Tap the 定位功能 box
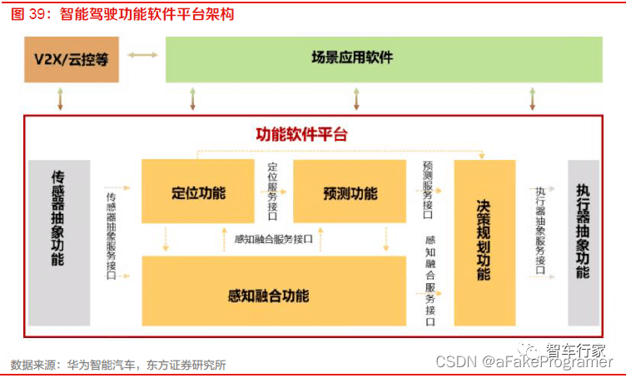(198, 193)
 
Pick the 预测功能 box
(350, 193)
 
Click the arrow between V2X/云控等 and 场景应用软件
(143, 56)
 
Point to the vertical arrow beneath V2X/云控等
(59, 99)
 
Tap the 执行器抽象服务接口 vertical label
(540, 230)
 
